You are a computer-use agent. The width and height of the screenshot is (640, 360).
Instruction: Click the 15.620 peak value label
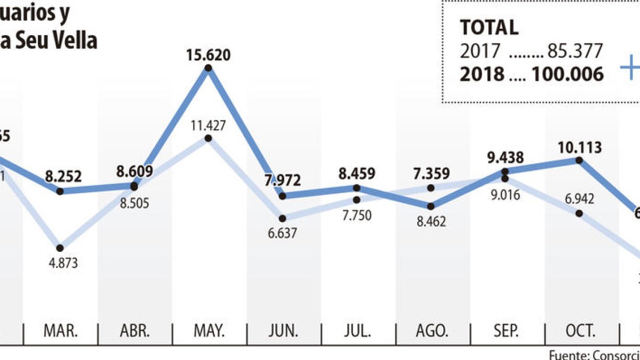tap(208, 55)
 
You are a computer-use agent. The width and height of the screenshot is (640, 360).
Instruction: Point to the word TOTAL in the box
tap(489, 27)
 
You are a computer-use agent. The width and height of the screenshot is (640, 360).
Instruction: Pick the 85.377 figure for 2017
tap(574, 51)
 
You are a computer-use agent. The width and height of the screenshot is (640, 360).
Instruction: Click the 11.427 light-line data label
tap(208, 126)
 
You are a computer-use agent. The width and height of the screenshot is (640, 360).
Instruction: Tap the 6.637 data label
tap(283, 233)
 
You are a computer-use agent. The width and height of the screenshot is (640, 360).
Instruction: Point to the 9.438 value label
tap(505, 157)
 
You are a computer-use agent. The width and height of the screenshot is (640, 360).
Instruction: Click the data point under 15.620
tap(208, 68)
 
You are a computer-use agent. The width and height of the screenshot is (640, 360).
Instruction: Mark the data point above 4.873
tap(60, 248)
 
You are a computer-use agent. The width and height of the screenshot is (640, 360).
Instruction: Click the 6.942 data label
tap(580, 199)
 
